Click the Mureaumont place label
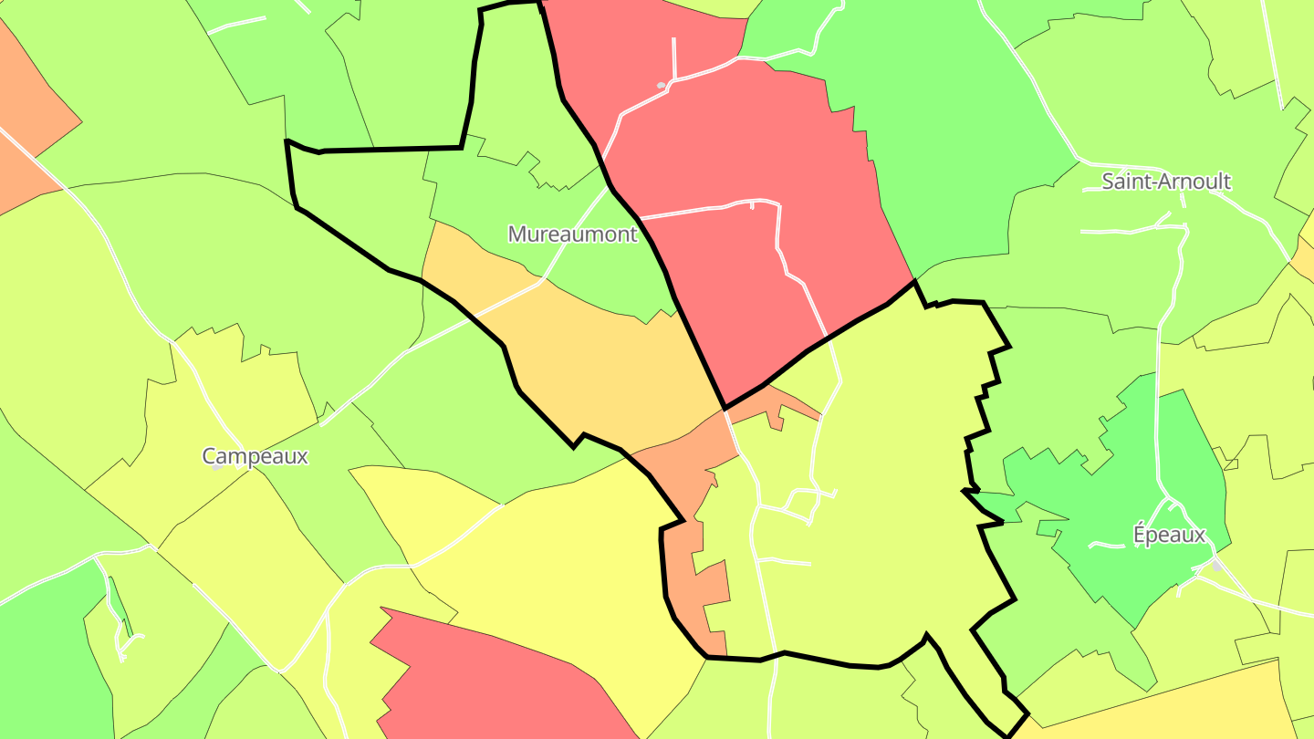(x=572, y=234)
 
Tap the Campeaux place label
(x=255, y=456)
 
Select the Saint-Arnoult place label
(x=1165, y=182)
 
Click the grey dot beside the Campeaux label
(x=217, y=466)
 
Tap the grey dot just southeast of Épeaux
(x=1216, y=566)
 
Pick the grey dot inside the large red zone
(x=661, y=86)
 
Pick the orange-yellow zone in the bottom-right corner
(x=1186, y=707)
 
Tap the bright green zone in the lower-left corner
(x=46, y=657)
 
